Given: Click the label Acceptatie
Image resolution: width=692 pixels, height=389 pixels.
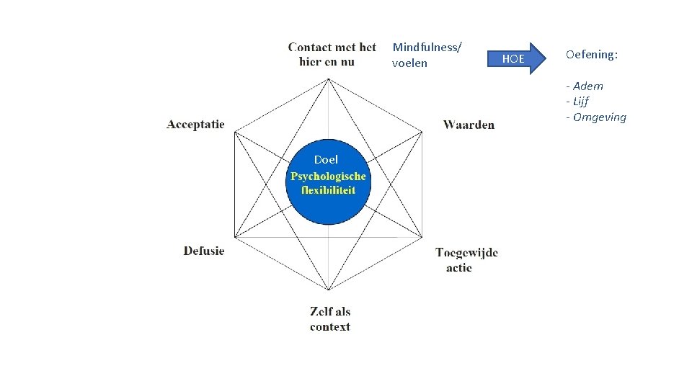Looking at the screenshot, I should click(195, 125).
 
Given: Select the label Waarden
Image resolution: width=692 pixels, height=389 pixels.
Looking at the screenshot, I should click(469, 125).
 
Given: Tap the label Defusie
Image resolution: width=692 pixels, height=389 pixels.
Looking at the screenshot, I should click(204, 251).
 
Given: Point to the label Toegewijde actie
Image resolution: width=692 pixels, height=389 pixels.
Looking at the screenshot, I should click(466, 259).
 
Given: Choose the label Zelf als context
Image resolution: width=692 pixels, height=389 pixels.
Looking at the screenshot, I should click(330, 319).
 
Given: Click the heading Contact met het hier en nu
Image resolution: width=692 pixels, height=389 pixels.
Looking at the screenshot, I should click(332, 54).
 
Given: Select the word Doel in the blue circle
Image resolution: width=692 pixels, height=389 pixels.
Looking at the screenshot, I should click(326, 160).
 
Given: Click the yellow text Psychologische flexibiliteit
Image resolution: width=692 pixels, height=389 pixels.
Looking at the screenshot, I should click(328, 184).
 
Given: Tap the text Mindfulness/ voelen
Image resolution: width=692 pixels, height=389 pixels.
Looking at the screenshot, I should click(427, 55).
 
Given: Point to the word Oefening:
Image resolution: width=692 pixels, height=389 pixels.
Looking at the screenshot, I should click(593, 54).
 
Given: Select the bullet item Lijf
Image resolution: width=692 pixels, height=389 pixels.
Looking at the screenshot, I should click(579, 102).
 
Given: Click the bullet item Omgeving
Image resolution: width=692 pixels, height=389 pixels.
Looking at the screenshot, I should click(598, 117).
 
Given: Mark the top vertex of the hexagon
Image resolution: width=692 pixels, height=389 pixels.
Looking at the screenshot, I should click(329, 78).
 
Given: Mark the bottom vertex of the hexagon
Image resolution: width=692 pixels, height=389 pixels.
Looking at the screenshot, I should click(329, 290).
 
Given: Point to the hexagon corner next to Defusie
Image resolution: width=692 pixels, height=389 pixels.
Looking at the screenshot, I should click(236, 236).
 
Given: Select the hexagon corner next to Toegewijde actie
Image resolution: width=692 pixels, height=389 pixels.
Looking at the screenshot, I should click(422, 236).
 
